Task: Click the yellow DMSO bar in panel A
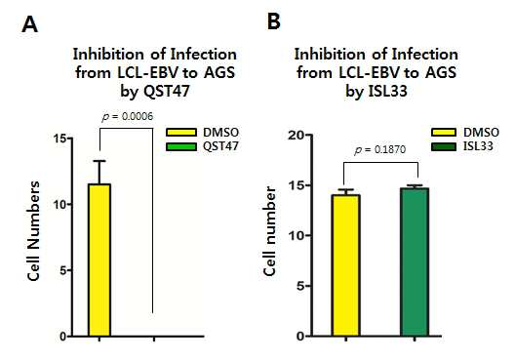tap(99, 260)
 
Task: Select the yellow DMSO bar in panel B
tap(346, 265)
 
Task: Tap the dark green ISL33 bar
tap(415, 262)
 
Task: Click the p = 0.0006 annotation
tap(128, 117)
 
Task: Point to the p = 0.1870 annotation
tap(380, 150)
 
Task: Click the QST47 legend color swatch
tap(181, 146)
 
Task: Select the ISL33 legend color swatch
tap(444, 146)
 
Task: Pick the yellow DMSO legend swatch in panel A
tap(181, 133)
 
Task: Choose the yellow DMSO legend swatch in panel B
tap(444, 133)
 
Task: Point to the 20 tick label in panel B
tap(296, 135)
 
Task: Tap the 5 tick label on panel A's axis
tap(63, 270)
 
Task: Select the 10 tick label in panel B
tap(296, 235)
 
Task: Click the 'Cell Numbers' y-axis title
tap(33, 231)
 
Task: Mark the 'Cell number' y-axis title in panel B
tap(269, 231)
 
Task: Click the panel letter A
tap(29, 24)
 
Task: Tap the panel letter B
tap(273, 21)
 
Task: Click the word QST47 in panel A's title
tap(167, 91)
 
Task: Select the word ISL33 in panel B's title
tap(388, 91)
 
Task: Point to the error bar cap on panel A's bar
tap(99, 161)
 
